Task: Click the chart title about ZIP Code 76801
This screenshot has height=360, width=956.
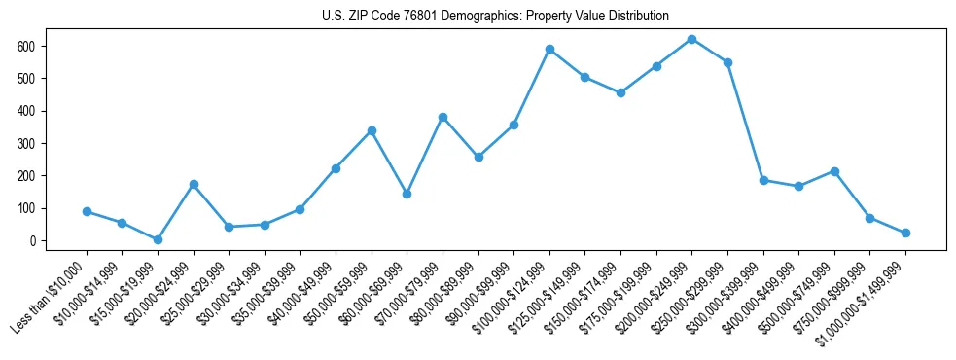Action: point(495,17)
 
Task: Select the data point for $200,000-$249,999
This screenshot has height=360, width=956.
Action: point(691,39)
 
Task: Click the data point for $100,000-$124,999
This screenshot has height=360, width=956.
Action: point(549,49)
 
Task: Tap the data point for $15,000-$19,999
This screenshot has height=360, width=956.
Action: point(158,239)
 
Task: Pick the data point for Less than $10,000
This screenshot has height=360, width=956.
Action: point(87,211)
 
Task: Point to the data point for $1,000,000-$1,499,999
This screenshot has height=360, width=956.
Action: point(905,233)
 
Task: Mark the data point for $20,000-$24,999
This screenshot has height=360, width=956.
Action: point(194,184)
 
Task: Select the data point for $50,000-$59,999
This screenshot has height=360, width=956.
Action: point(372,130)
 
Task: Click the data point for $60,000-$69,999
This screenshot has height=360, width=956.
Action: point(407,194)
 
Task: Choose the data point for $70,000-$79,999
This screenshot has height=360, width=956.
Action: point(443,117)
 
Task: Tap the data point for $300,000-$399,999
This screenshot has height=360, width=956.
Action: point(763,180)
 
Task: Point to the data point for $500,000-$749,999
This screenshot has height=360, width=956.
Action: point(834,171)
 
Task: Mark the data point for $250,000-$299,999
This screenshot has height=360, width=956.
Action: point(727,62)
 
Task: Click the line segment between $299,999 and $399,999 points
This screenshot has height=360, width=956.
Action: point(746,122)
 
